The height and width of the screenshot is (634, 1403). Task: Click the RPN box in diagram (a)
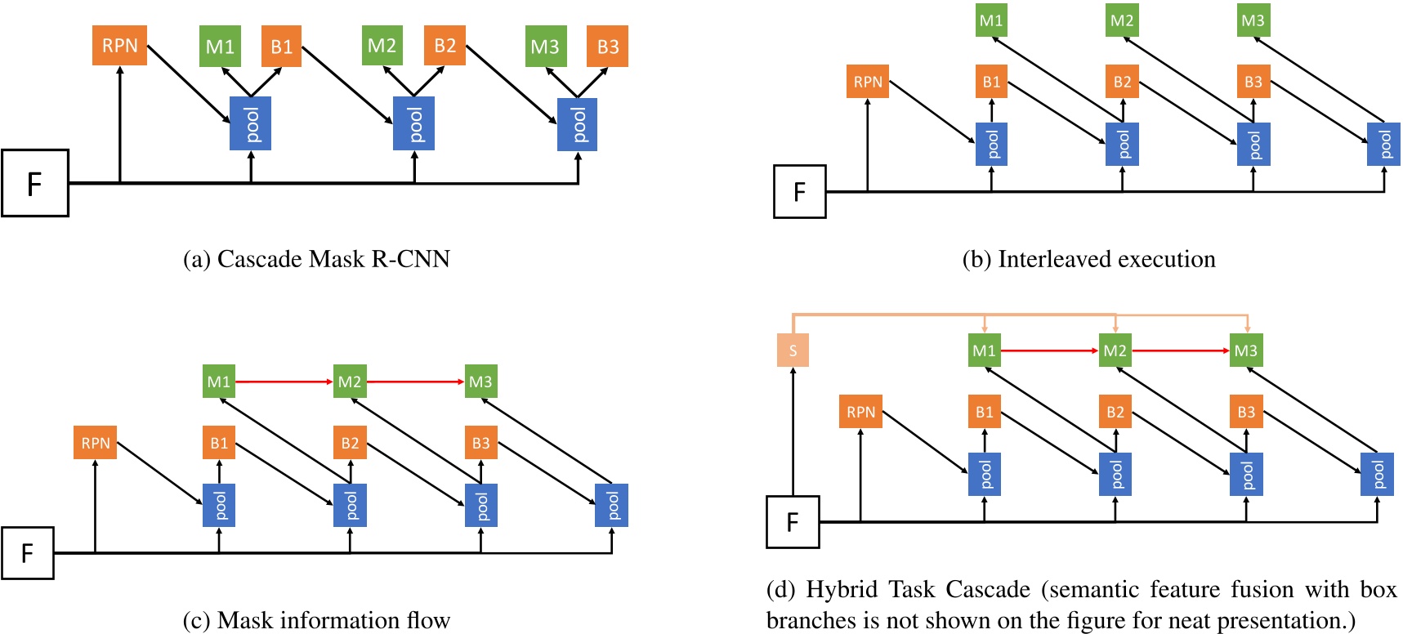[119, 45]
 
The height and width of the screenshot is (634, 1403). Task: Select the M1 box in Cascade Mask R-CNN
[220, 46]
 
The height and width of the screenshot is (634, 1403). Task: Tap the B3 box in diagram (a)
[607, 46]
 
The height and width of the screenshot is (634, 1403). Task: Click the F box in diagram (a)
[35, 183]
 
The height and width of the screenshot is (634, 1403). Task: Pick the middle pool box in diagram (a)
[413, 123]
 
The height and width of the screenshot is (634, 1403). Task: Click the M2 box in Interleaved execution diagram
[1122, 20]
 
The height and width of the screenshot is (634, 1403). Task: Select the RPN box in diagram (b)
[867, 82]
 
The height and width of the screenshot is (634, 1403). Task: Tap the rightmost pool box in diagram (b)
[1383, 144]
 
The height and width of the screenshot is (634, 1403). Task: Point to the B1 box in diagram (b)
[991, 82]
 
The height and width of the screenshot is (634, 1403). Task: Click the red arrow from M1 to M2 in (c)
[284, 382]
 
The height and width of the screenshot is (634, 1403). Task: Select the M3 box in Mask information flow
[480, 382]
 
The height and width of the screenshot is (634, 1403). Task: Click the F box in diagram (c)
[28, 553]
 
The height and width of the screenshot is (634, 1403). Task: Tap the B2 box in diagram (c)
[350, 443]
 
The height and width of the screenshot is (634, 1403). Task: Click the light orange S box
[793, 350]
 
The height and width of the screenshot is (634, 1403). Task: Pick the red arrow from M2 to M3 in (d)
[1180, 350]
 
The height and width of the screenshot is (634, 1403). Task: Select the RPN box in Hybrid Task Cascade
[860, 412]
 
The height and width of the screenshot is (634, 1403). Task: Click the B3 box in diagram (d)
[1246, 412]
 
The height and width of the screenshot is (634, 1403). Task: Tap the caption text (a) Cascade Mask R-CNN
[316, 259]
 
